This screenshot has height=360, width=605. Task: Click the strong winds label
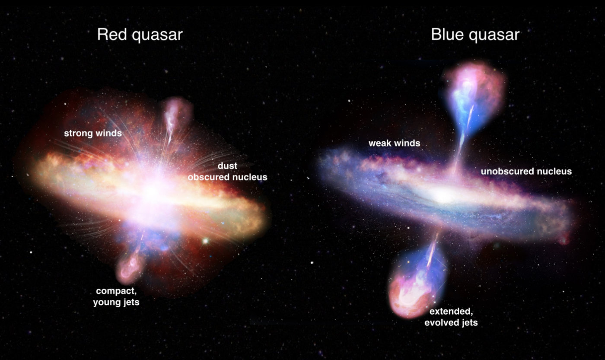pos(92,133)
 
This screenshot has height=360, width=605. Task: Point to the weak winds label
pos(394,143)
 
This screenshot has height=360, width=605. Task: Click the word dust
pos(227,166)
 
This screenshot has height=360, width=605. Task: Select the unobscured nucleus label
pos(526,172)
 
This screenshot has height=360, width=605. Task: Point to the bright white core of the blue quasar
pos(443,197)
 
